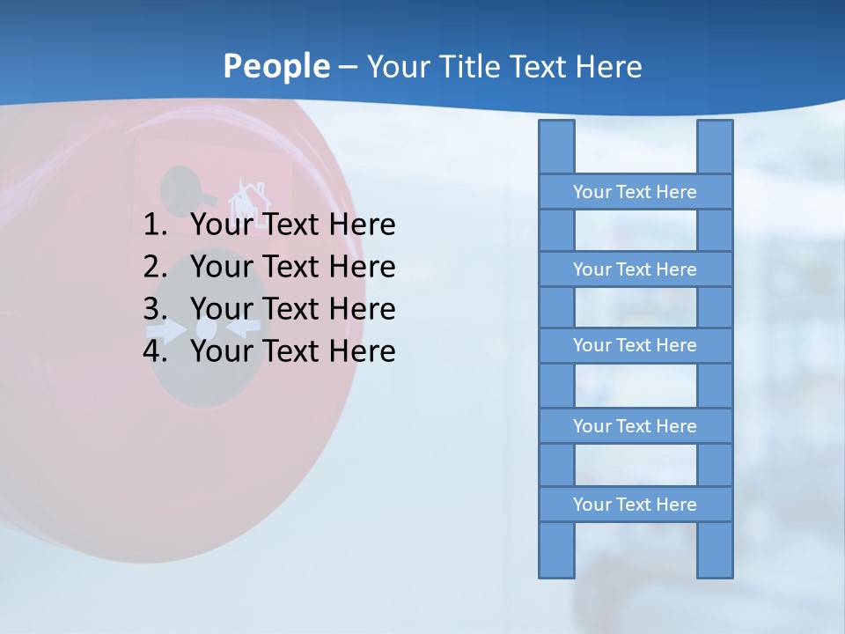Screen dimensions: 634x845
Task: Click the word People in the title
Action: click(276, 66)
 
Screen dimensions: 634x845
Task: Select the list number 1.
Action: click(155, 225)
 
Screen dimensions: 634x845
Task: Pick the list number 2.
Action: click(155, 267)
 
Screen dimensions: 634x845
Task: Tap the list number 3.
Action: click(155, 309)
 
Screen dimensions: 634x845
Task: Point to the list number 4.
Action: click(155, 351)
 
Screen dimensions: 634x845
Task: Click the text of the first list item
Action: click(292, 225)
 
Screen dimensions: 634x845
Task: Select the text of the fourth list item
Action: click(292, 351)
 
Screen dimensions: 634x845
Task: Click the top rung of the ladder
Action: click(635, 192)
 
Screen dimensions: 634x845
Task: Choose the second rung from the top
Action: click(635, 269)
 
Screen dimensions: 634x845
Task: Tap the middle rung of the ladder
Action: click(635, 345)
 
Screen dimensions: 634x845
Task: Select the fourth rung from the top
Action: click(635, 426)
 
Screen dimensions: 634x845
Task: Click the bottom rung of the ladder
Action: click(635, 505)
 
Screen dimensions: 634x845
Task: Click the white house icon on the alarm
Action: click(247, 200)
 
